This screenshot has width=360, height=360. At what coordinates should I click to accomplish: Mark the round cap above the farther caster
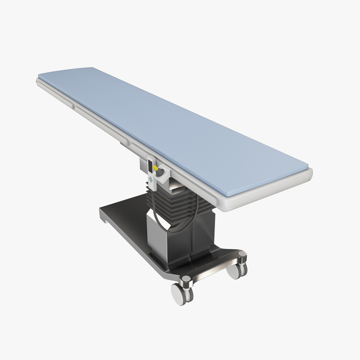(x=242, y=255)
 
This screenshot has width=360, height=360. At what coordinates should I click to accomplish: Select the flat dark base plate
(x=126, y=216)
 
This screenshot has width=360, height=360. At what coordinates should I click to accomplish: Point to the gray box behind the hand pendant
(x=143, y=167)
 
